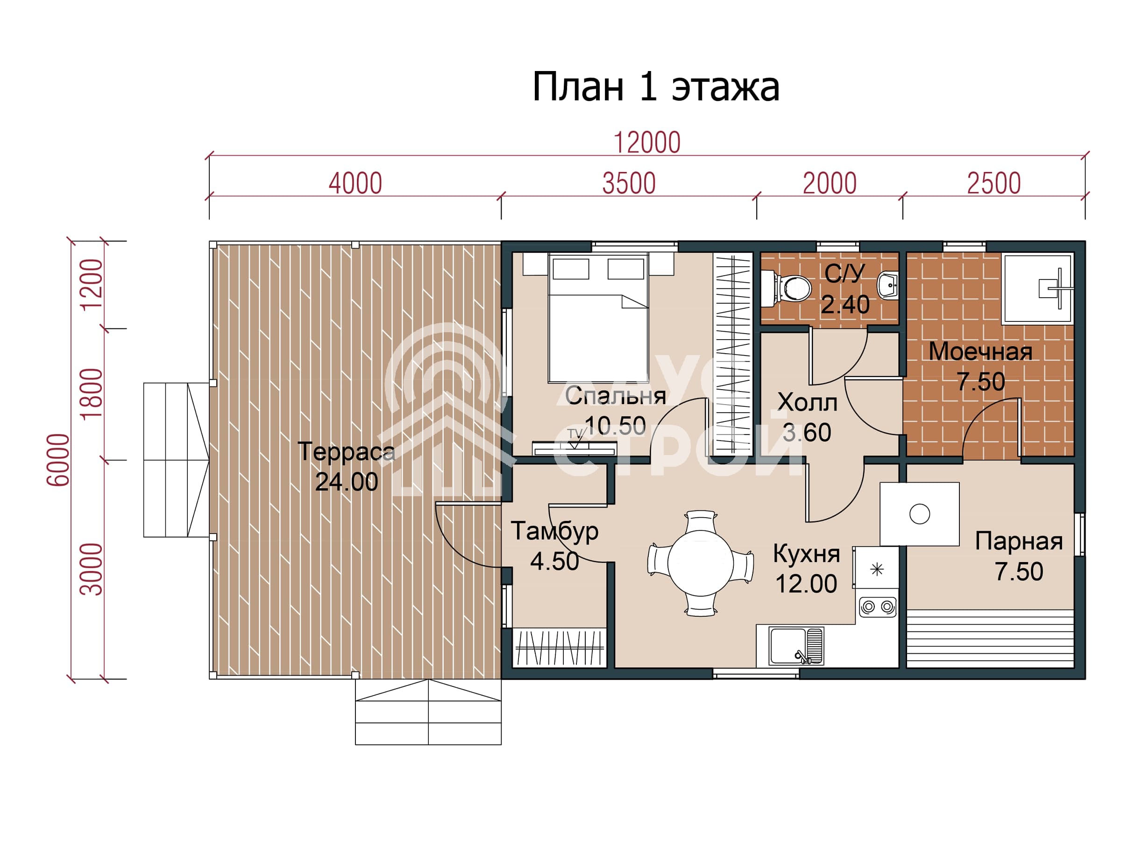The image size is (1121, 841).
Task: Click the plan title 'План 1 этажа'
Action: pos(655,87)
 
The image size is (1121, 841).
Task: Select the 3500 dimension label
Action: pos(629,184)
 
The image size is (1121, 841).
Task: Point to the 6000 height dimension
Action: pos(58,460)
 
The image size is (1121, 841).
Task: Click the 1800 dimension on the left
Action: pos(92,394)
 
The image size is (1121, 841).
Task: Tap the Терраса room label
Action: pos(346,451)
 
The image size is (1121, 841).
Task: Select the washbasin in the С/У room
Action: pos(888,285)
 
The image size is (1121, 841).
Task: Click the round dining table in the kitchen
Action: pos(700,563)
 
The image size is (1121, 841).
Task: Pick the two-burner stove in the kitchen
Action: pos(878,606)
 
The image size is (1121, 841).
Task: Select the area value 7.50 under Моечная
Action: pos(980,381)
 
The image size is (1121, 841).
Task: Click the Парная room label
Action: pos(1019,541)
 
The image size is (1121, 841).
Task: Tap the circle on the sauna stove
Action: pos(919,514)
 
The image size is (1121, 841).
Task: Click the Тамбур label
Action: pos(554,532)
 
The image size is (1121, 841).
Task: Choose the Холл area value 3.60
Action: pos(807,432)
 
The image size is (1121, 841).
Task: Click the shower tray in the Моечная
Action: pos(1038,288)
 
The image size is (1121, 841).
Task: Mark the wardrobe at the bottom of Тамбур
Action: pos(560,648)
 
